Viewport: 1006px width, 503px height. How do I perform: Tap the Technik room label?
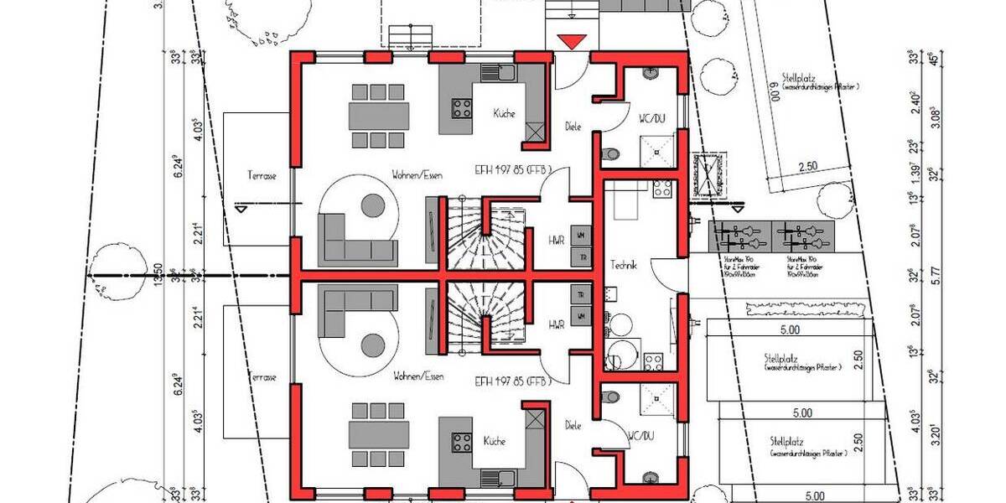pyautogui.click(x=625, y=264)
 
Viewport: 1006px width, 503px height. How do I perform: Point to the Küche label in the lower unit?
pyautogui.click(x=493, y=440)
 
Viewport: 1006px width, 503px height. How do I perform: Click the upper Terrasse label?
pyautogui.click(x=262, y=176)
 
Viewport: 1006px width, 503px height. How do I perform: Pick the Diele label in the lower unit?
pyautogui.click(x=573, y=425)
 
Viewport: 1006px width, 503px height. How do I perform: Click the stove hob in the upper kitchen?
pyautogui.click(x=462, y=107)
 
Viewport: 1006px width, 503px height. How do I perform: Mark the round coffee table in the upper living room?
pyautogui.click(x=373, y=205)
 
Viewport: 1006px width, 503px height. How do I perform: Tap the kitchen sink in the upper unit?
pyautogui.click(x=506, y=72)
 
